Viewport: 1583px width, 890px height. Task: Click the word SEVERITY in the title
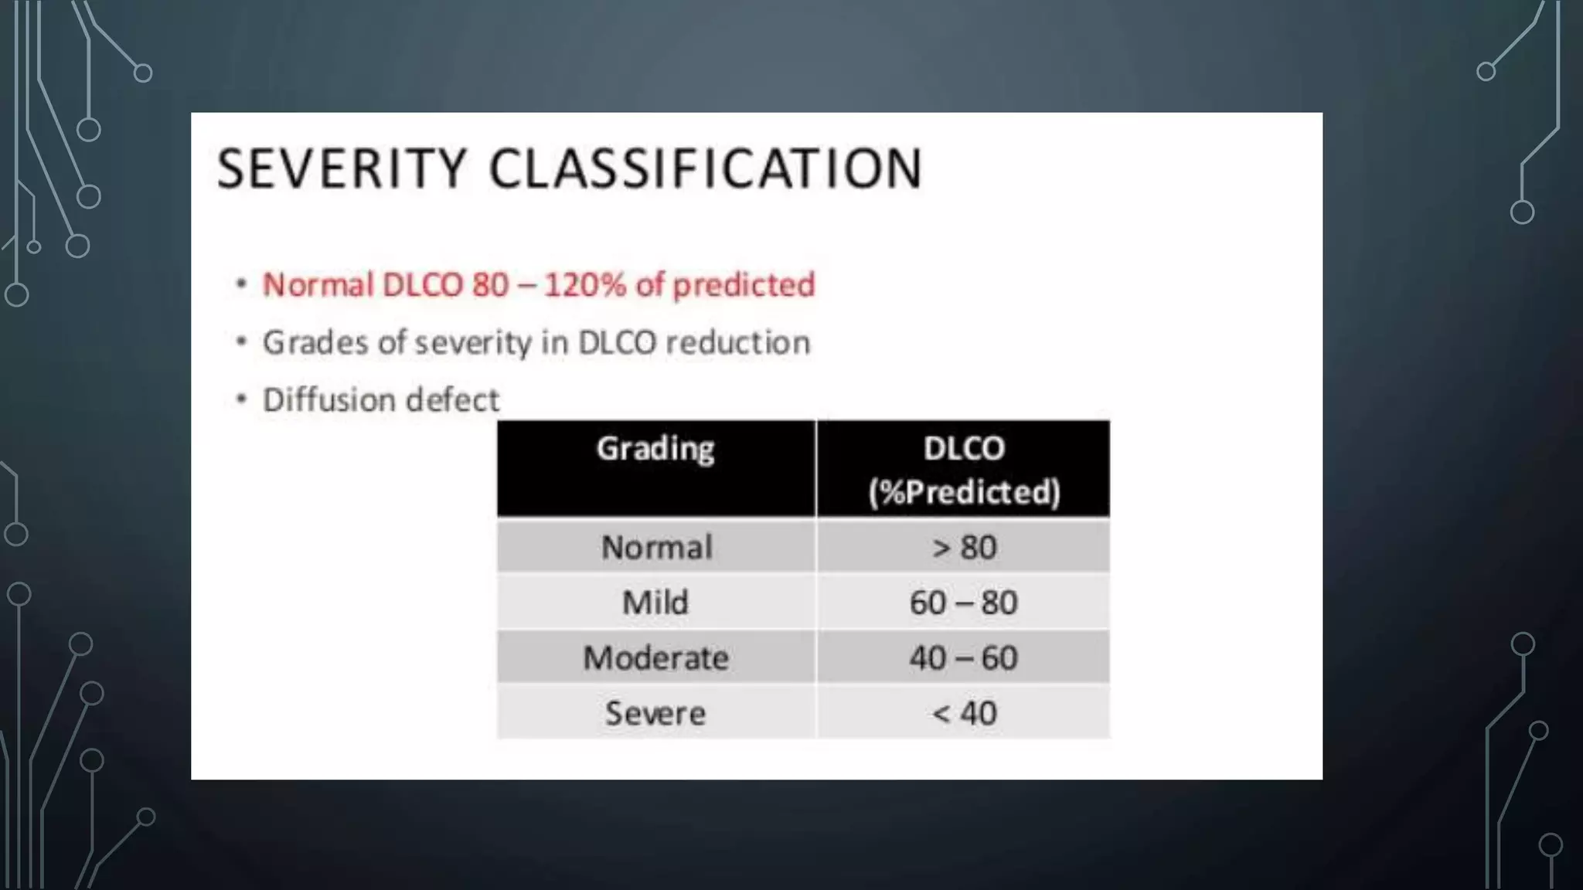[342, 168]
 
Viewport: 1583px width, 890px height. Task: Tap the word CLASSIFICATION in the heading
[706, 168]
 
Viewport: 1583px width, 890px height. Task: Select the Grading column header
[655, 449]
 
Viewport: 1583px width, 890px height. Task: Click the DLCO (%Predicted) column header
[963, 469]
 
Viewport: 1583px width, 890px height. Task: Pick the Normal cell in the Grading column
[656, 547]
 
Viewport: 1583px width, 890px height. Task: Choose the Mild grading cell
[655, 602]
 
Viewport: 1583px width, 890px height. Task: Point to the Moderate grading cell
[655, 657]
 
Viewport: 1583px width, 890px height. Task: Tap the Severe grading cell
[655, 712]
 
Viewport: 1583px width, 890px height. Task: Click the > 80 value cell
[963, 547]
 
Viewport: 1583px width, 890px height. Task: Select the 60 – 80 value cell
[963, 602]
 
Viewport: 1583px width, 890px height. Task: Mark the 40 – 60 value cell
[963, 657]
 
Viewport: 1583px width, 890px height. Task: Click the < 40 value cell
[963, 712]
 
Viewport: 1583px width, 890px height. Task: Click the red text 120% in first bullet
[584, 285]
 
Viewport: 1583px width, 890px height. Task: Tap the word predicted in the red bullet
[744, 285]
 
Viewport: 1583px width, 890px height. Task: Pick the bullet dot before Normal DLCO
[242, 284]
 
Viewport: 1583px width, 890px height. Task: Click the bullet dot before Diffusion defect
[242, 399]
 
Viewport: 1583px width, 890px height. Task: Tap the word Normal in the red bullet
[318, 285]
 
